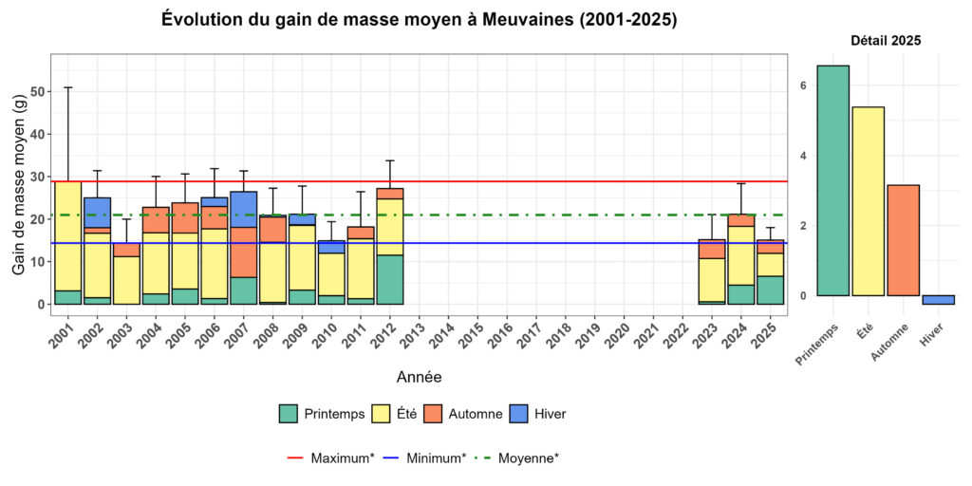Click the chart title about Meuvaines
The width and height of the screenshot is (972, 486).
click(419, 19)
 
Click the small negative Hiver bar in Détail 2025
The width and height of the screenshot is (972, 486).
click(938, 300)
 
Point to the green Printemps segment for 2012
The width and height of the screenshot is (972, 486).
click(390, 279)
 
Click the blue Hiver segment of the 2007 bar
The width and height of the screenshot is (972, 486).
click(244, 209)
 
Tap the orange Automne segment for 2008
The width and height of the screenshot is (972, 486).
click(273, 230)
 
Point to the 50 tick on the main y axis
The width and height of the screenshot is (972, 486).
click(38, 92)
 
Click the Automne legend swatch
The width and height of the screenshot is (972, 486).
click(433, 414)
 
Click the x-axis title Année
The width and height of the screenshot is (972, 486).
click(419, 377)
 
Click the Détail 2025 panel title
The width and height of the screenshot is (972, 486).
click(885, 41)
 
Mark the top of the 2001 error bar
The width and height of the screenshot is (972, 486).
click(67, 87)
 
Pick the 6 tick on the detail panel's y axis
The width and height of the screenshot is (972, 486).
click(802, 85)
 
